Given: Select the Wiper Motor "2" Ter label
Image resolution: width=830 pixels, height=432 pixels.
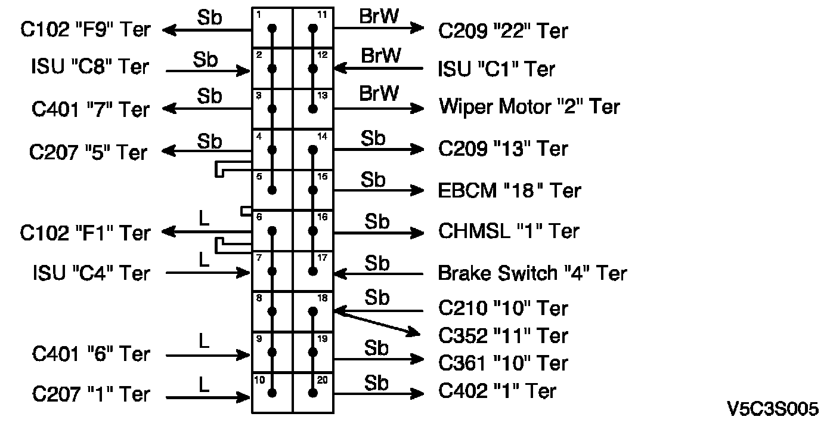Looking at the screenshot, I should click(x=529, y=107).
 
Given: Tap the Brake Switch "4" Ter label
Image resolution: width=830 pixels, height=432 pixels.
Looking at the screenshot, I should click(x=532, y=273).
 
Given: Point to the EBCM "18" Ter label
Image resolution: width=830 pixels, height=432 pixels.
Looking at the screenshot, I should click(x=510, y=190).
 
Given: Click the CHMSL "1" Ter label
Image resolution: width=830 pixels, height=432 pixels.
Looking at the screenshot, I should click(x=509, y=231).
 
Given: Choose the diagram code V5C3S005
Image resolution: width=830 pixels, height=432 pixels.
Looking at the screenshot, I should click(x=773, y=409).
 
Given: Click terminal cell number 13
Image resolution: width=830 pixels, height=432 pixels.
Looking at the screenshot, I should click(x=313, y=109).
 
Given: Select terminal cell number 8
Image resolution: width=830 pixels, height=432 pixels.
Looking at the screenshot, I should click(x=272, y=311).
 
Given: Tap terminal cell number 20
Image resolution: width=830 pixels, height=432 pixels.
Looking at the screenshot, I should click(x=313, y=393).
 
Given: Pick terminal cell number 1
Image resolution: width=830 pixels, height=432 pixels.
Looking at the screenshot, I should click(x=272, y=28).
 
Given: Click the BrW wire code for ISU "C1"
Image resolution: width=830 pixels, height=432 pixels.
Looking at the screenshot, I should click(x=381, y=55).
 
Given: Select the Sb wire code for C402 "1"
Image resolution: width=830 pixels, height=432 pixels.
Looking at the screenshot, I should click(x=376, y=382).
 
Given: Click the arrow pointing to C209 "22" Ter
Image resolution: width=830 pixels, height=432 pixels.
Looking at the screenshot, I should click(x=378, y=28).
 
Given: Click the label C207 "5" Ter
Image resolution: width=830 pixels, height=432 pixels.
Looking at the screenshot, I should click(x=88, y=152).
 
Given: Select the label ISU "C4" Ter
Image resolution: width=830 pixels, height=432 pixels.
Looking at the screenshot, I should click(x=91, y=273).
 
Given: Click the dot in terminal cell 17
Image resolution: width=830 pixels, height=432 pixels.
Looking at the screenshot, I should click(x=313, y=271).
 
